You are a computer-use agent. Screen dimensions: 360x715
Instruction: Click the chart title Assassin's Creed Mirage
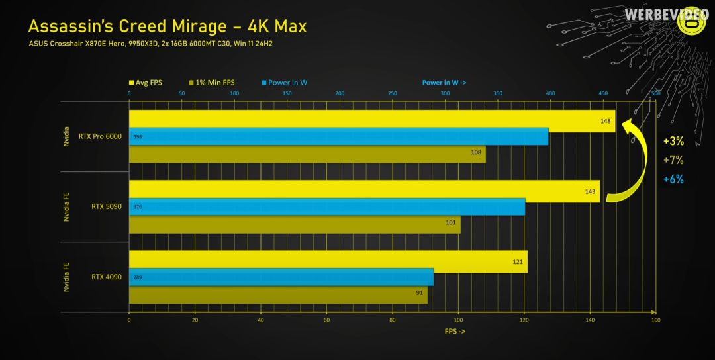[167, 26]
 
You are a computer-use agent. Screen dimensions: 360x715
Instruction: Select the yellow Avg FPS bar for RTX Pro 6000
[371, 120]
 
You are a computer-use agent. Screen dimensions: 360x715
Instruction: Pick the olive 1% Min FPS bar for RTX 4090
[278, 294]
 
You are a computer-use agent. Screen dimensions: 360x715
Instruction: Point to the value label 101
[451, 222]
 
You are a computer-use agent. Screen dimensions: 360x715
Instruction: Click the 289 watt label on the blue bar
[138, 277]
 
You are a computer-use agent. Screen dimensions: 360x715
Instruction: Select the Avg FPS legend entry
[145, 83]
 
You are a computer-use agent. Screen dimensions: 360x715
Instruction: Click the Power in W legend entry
[284, 83]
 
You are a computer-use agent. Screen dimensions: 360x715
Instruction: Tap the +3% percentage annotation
[673, 141]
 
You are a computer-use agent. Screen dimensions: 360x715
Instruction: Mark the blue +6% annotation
[673, 179]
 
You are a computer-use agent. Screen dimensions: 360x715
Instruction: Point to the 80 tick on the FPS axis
[392, 320]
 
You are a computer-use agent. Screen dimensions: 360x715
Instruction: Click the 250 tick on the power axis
[393, 93]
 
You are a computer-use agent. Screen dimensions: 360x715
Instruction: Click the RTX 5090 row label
[107, 207]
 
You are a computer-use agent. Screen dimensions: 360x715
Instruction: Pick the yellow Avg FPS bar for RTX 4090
[328, 261]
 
